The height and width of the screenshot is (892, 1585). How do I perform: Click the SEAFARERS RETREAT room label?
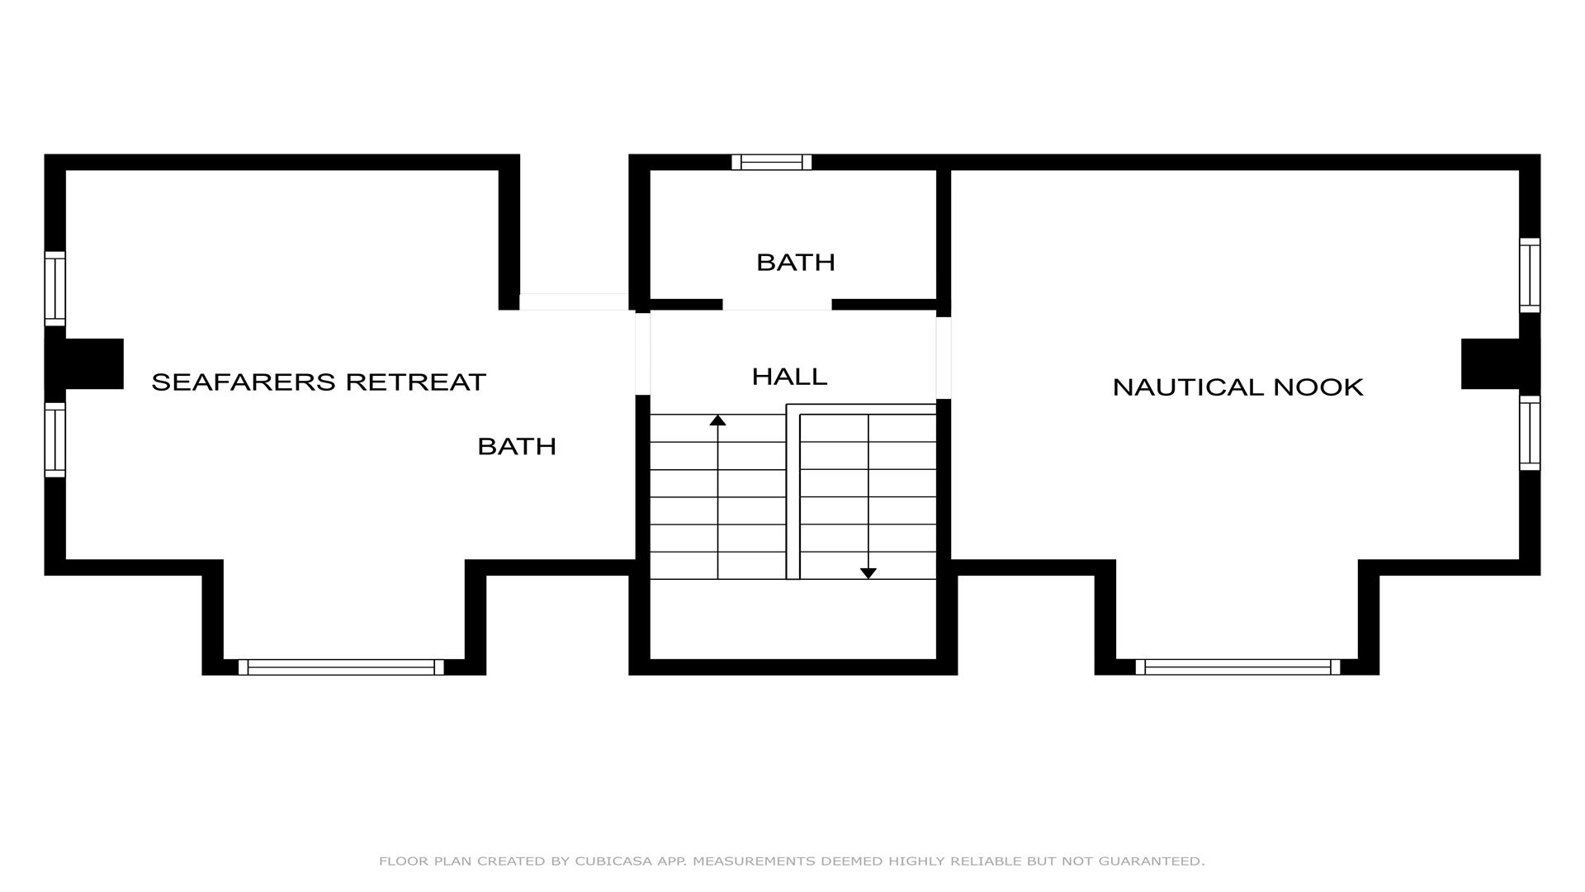[x=319, y=382]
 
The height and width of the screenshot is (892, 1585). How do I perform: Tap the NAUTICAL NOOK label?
[x=1237, y=387]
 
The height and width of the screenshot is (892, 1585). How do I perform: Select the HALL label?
[x=789, y=377]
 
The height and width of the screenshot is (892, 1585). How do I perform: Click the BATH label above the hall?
[x=796, y=262]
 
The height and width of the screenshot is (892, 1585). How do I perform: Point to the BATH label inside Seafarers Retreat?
[x=517, y=446]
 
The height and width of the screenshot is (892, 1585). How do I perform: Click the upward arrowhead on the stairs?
[x=718, y=420]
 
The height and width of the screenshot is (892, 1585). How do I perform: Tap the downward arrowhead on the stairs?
[x=868, y=573]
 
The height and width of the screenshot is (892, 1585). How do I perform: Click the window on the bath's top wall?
[x=772, y=162]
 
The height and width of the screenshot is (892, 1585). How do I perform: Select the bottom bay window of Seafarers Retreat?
[x=341, y=667]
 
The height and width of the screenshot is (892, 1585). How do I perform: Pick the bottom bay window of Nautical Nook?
[x=1237, y=667]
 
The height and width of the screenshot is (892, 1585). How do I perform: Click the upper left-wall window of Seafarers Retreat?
[x=54, y=288]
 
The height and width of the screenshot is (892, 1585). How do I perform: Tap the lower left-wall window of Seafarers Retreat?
[x=54, y=439]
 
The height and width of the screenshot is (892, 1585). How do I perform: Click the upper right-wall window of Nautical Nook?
[x=1530, y=275]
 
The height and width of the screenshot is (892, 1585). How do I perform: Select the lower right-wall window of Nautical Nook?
[x=1530, y=433]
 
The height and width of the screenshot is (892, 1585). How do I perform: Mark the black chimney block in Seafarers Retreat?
[x=84, y=363]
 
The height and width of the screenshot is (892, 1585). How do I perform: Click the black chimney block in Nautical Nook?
[x=1501, y=363]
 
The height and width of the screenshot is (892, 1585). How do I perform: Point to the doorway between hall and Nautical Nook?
[x=944, y=358]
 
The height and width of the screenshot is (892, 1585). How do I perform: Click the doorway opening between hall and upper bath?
[x=777, y=305]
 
